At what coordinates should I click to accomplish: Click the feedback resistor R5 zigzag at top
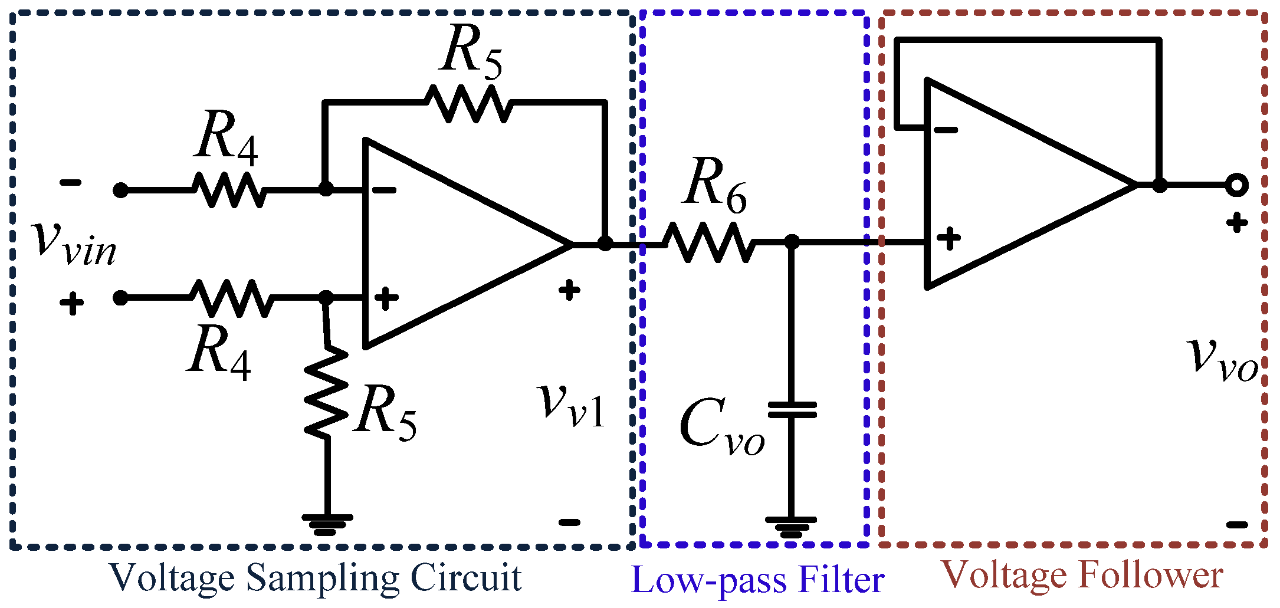pyautogui.click(x=469, y=103)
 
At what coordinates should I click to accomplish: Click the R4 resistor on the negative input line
pyautogui.click(x=229, y=190)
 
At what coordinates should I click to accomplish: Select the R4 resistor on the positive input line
pyautogui.click(x=231, y=298)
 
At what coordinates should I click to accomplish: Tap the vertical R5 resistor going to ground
pyautogui.click(x=326, y=392)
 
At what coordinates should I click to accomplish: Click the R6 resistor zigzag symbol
pyautogui.click(x=708, y=242)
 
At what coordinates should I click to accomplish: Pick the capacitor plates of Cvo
pyautogui.click(x=792, y=410)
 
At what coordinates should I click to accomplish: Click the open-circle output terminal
pyautogui.click(x=1236, y=185)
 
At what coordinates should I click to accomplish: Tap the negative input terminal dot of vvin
pyautogui.click(x=120, y=190)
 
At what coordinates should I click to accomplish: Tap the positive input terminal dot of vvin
pyautogui.click(x=120, y=298)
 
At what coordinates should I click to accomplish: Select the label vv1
pyautogui.click(x=572, y=406)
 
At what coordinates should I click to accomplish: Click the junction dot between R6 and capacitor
pyautogui.click(x=792, y=242)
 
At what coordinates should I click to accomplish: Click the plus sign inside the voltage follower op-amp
pyautogui.click(x=948, y=239)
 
